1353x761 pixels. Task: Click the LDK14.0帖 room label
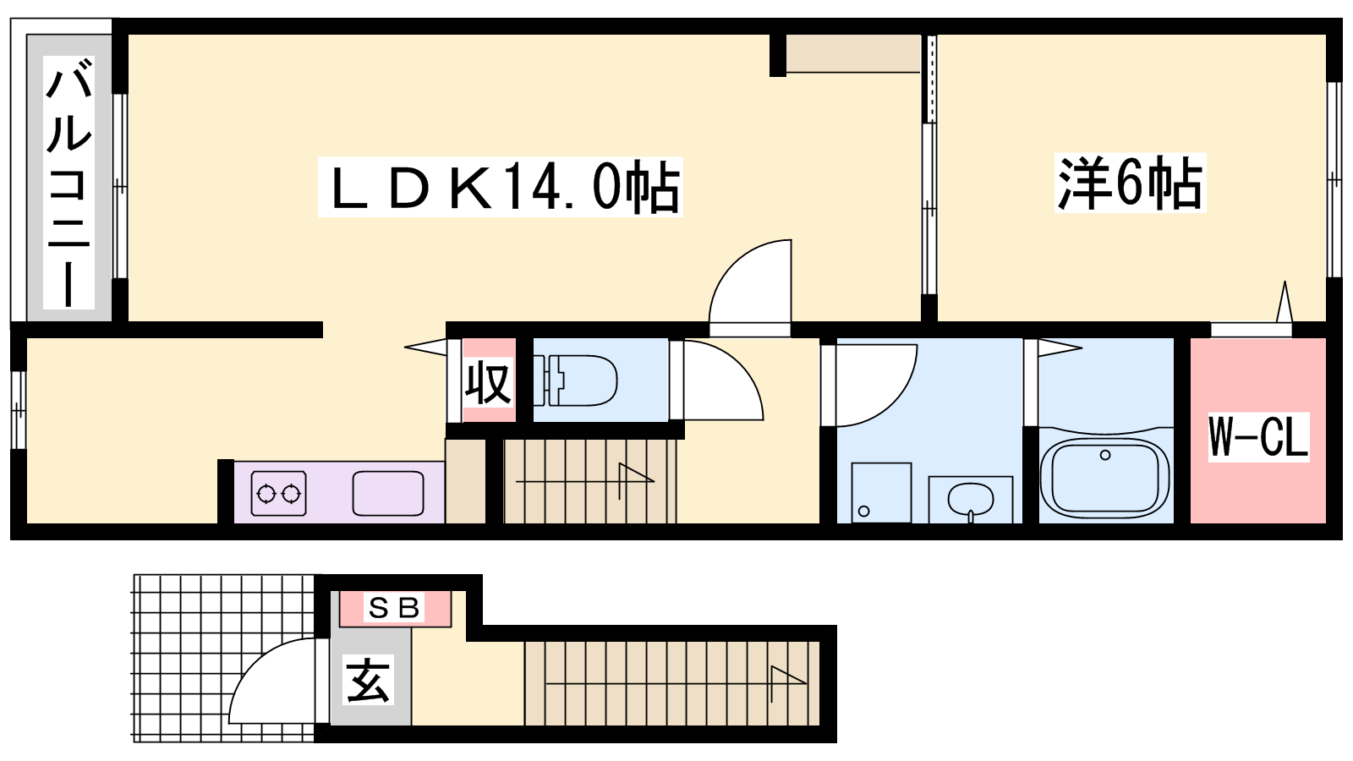(500, 187)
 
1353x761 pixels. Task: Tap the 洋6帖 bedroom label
(1130, 183)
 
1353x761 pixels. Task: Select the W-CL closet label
(1259, 436)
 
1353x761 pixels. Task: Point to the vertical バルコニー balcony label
(69, 182)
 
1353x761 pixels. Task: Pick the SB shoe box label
(394, 608)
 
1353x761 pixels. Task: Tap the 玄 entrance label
(368, 680)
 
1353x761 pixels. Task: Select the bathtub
(1104, 477)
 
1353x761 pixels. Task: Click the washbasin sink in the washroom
(971, 499)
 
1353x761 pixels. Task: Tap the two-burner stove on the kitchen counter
(278, 494)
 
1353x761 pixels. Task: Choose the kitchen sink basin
(388, 494)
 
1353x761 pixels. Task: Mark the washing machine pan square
(880, 492)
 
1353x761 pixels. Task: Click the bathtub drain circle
(1105, 455)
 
